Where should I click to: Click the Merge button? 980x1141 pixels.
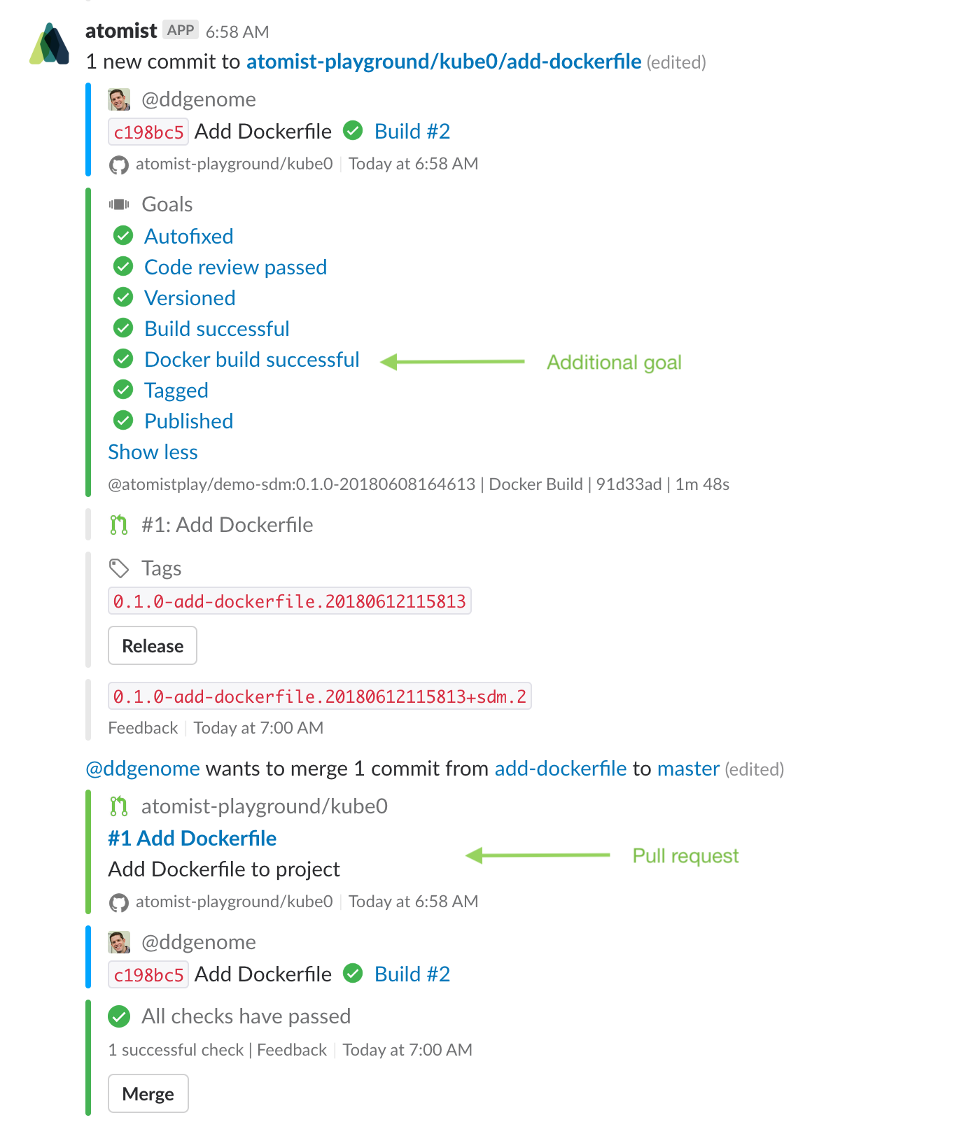[148, 1093]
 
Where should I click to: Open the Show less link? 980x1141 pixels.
[153, 452]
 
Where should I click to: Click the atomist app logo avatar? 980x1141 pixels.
[50, 44]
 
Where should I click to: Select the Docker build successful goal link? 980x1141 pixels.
[252, 360]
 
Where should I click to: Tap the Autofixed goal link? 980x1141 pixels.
[189, 237]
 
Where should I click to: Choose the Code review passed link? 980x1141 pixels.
[236, 267]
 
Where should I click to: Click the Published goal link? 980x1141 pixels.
[189, 421]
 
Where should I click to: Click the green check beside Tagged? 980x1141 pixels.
[123, 389]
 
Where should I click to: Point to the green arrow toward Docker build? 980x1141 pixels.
[453, 362]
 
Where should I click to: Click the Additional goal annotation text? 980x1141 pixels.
[614, 363]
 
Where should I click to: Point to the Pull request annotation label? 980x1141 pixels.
[685, 856]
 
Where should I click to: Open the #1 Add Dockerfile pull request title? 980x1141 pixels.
[192, 839]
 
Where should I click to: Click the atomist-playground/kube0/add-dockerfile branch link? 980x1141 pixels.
[444, 62]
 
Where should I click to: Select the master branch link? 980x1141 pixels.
[688, 769]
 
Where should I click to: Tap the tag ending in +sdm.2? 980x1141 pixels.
[320, 696]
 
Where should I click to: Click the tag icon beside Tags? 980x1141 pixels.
[119, 568]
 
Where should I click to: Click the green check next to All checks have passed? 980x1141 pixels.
[120, 1016]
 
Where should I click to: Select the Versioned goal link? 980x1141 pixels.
[190, 298]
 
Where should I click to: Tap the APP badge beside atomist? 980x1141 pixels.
[181, 30]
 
